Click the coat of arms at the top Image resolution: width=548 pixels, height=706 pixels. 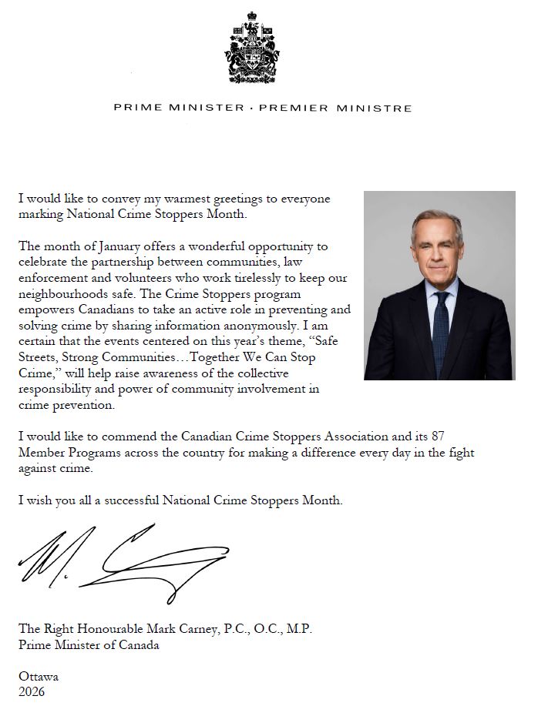click(252, 48)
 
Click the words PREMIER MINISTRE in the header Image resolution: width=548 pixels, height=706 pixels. click(335, 108)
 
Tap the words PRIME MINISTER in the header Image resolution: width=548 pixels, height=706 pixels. click(179, 108)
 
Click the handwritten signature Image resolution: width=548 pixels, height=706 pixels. click(123, 560)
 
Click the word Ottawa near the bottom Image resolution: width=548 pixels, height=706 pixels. click(39, 677)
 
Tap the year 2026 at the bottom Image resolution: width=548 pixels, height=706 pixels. click(32, 691)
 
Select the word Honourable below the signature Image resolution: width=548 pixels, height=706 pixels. click(110, 629)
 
